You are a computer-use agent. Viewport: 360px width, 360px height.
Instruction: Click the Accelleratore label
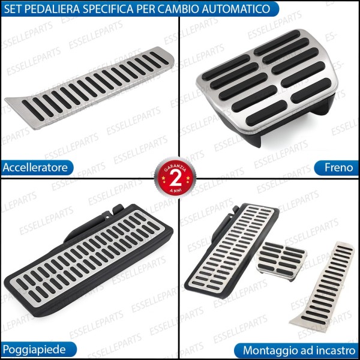coord(35,167)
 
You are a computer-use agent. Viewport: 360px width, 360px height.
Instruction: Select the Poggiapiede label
coord(32,349)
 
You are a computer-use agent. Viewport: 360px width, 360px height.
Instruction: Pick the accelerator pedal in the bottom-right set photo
coord(323,282)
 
